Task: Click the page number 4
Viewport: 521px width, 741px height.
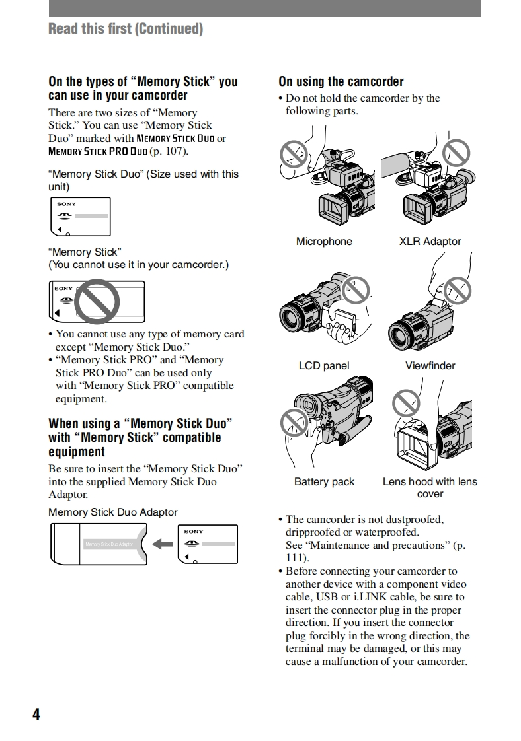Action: pyautogui.click(x=36, y=714)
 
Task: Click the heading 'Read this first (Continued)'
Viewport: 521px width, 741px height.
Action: pyautogui.click(x=126, y=28)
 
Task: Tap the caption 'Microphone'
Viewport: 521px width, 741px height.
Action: pyautogui.click(x=324, y=242)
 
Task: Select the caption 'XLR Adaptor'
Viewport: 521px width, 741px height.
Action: pyautogui.click(x=430, y=242)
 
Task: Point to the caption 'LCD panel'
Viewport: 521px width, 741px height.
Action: pyautogui.click(x=324, y=366)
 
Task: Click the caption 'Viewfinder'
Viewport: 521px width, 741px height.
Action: pyautogui.click(x=430, y=366)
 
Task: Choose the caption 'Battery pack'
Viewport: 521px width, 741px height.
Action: pyautogui.click(x=324, y=482)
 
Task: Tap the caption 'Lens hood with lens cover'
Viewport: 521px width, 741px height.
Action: pyautogui.click(x=430, y=488)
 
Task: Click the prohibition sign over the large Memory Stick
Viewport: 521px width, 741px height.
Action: pyautogui.click(x=97, y=300)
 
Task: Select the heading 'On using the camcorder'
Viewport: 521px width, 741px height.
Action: pyautogui.click(x=341, y=82)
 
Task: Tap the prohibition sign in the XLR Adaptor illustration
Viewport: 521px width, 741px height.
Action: pyautogui.click(x=456, y=153)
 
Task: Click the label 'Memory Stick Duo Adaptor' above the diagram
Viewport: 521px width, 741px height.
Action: pyautogui.click(x=113, y=512)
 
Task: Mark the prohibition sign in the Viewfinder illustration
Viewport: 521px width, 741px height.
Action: pyautogui.click(x=457, y=289)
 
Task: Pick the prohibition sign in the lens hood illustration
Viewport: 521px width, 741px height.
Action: pyautogui.click(x=405, y=402)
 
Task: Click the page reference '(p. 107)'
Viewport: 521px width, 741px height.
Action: pyautogui.click(x=169, y=151)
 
